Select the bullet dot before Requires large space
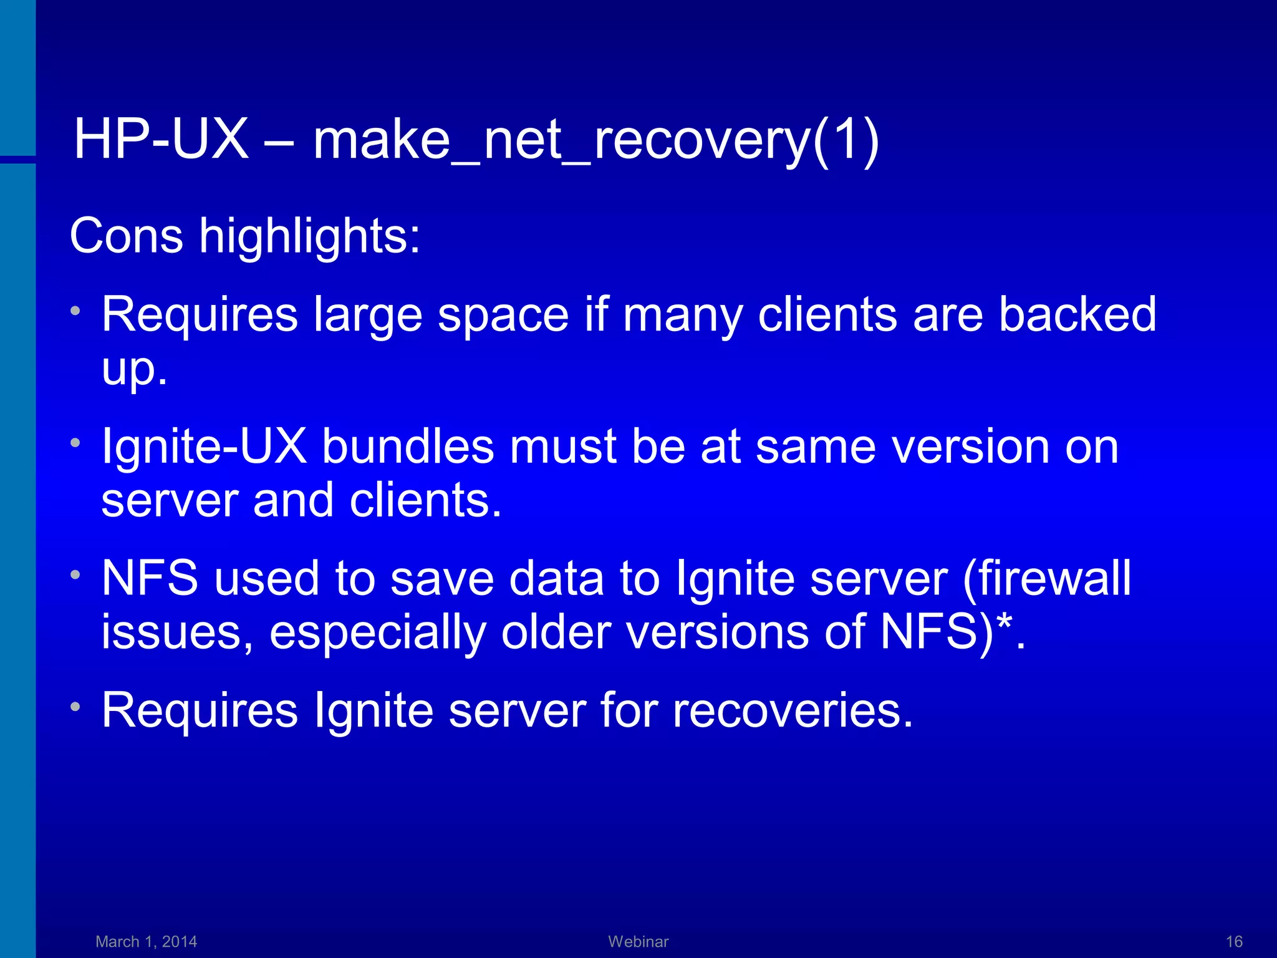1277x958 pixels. click(x=75, y=310)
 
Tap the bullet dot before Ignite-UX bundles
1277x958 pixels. click(x=75, y=443)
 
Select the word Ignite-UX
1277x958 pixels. click(x=204, y=447)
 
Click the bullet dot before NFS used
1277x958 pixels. click(x=75, y=575)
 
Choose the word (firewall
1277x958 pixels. click(x=1046, y=578)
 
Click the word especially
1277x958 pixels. click(x=377, y=632)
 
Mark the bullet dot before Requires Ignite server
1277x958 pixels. click(x=75, y=707)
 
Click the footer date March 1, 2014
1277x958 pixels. click(x=146, y=941)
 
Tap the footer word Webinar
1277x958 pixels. click(x=638, y=941)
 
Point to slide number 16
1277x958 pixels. click(x=1234, y=941)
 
